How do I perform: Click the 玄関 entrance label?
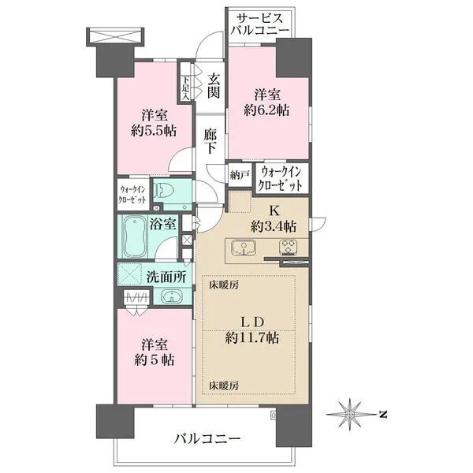pos(214,86)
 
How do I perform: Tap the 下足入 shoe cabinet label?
pos(185,88)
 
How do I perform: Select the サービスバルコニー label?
pos(259,24)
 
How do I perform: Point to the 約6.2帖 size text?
pos(266,110)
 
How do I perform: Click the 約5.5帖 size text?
pos(154,131)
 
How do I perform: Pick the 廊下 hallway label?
pos(210,141)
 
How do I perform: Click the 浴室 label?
pos(163,224)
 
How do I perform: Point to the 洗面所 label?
pos(166,277)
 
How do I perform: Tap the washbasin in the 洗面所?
pos(172,296)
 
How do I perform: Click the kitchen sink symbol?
pos(244,247)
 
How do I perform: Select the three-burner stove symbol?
pos(289,247)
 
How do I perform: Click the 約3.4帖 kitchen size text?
pos(274,226)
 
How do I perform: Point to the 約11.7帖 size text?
pos(252,338)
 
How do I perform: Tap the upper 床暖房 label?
pos(224,285)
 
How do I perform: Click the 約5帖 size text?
pos(154,360)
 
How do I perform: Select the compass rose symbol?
pos(350,415)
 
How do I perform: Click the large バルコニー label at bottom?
pos(207,438)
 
